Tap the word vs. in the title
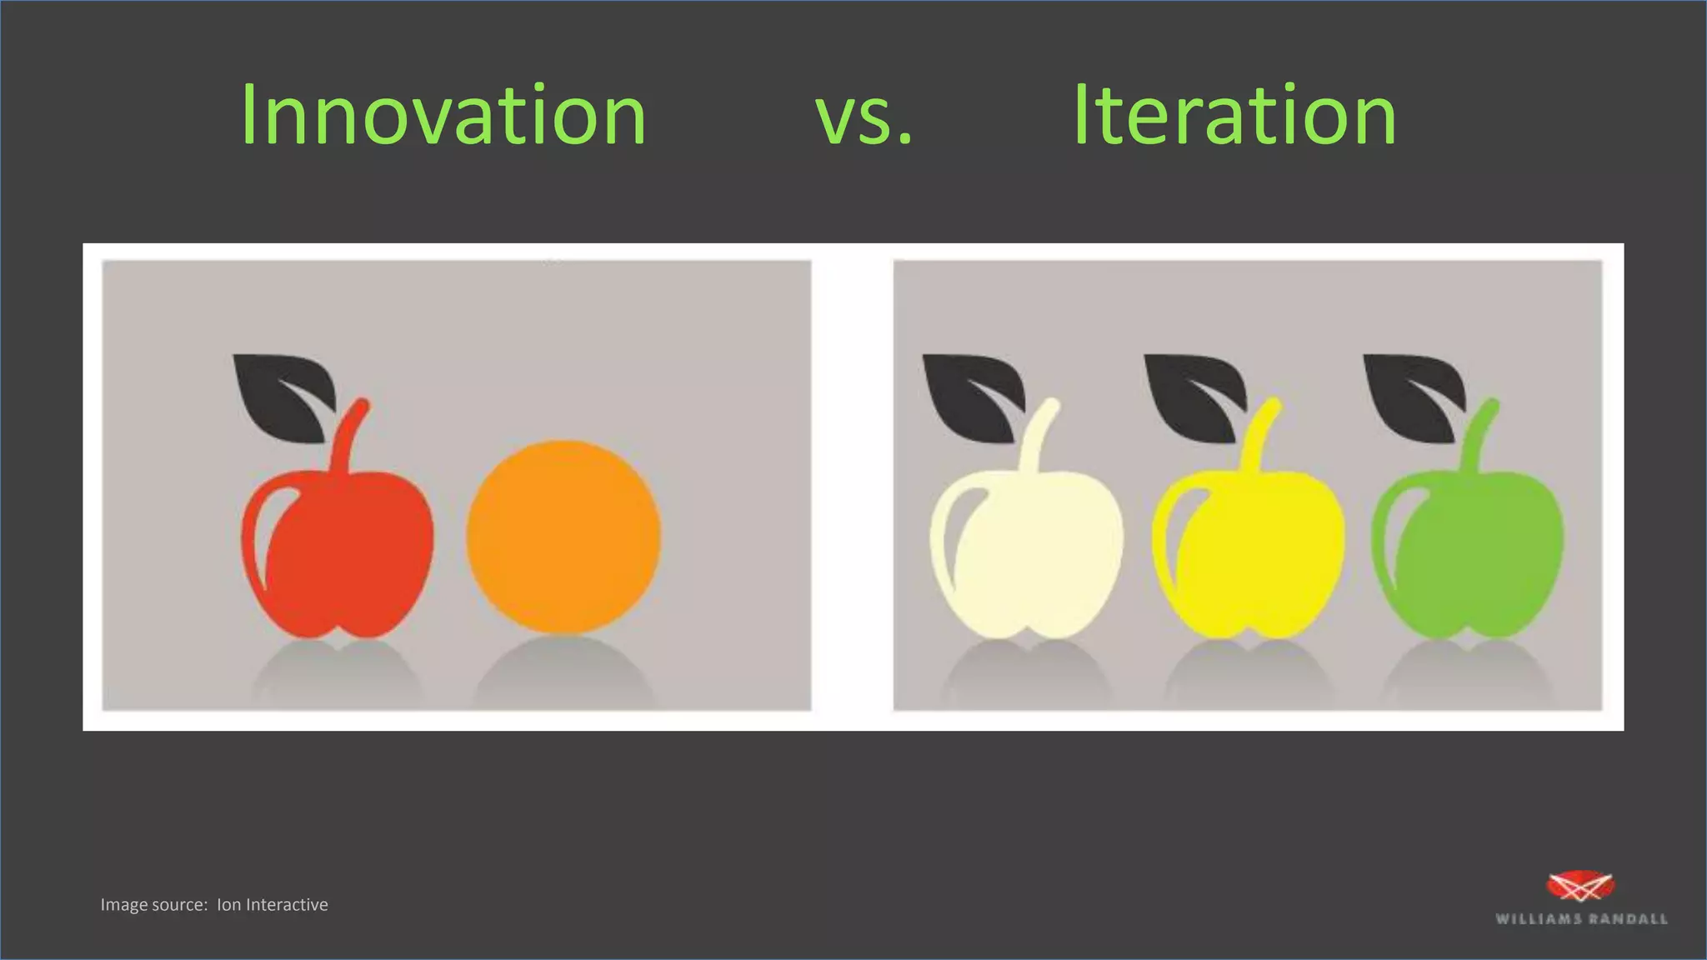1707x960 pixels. click(x=864, y=117)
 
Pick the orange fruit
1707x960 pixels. click(x=563, y=537)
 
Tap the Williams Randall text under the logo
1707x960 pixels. click(x=1581, y=919)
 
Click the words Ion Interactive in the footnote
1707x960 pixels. click(x=273, y=905)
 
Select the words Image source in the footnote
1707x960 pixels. click(x=153, y=905)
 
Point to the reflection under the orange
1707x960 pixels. click(x=563, y=671)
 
